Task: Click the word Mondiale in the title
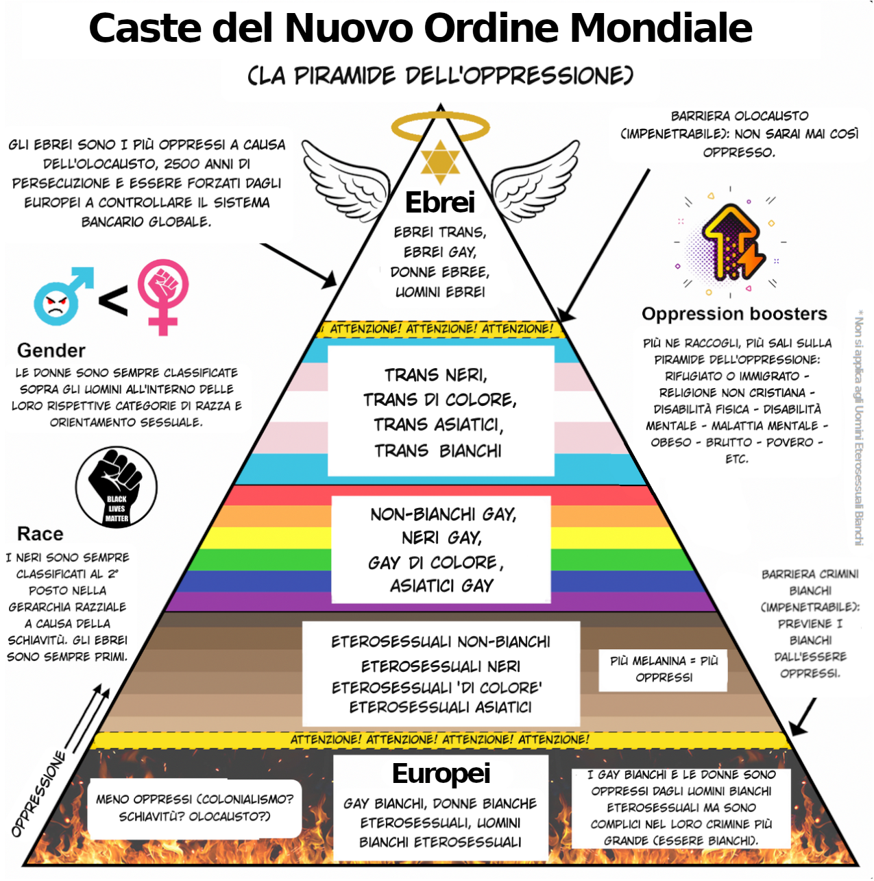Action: coord(661,29)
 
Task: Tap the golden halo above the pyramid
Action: coord(440,127)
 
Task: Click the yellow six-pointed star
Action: coord(440,162)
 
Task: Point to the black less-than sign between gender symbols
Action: coord(113,300)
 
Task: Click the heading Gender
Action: coord(51,350)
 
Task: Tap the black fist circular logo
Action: coord(117,487)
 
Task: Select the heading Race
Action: coord(40,534)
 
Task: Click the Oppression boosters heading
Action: coord(734,314)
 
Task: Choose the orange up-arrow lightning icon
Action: coord(731,243)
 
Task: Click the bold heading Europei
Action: coord(441,773)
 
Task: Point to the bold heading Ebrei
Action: coord(440,203)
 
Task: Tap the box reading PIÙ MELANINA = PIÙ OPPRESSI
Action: coord(664,669)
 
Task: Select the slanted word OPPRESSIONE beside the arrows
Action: coord(39,794)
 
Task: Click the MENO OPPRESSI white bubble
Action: coord(194,808)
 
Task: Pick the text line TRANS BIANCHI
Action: coord(438,450)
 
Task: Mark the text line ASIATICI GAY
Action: coord(441,586)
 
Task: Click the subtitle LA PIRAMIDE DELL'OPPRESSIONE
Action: coord(440,75)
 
